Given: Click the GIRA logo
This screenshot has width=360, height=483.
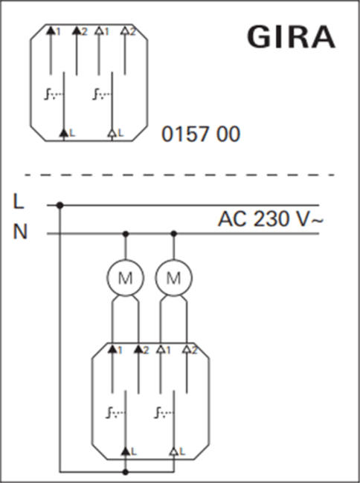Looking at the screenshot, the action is [x=292, y=37].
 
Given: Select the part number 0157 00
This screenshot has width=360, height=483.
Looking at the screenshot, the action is [x=201, y=134].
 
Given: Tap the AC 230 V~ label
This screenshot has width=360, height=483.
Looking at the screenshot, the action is [x=271, y=218].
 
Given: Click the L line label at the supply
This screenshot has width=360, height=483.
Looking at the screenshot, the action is [x=19, y=201].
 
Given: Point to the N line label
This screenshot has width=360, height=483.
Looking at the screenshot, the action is [x=20, y=232].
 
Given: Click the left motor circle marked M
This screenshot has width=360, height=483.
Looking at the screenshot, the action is [x=125, y=278].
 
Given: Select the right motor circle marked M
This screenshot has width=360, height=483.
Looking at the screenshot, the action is [x=173, y=278].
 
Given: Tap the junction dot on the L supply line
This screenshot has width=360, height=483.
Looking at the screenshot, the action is [x=60, y=205].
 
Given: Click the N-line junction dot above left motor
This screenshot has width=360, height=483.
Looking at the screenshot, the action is [x=125, y=234].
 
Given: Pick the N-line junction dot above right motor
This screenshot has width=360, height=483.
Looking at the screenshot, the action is [x=173, y=234].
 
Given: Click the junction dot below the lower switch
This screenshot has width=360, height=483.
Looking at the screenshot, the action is [x=125, y=472].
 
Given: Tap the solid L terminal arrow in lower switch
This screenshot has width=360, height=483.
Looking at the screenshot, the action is [x=125, y=451].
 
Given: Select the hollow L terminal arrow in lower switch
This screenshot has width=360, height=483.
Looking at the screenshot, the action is [x=173, y=451].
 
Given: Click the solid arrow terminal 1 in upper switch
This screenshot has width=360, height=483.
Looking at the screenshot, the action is [x=51, y=30].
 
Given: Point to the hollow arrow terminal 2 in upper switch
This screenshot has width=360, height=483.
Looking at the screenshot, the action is [x=125, y=30].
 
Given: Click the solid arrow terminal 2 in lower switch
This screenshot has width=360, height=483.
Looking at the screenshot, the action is [x=138, y=349].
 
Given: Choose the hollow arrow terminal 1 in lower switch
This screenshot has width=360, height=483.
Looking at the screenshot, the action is [x=160, y=349].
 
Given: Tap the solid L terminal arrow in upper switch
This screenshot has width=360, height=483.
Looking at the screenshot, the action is [x=64, y=133].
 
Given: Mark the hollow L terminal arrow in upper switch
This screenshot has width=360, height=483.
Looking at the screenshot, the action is [x=112, y=133].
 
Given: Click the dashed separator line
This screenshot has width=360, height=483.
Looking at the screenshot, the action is [x=179, y=175].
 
